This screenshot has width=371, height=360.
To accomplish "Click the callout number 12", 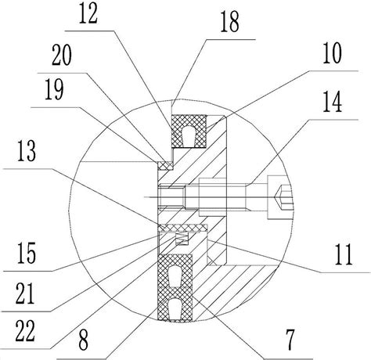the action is (88, 14).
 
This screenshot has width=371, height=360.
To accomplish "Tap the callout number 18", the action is (229, 23).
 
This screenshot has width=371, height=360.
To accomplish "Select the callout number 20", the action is (62, 56).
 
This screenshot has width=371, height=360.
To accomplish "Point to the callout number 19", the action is (54, 90).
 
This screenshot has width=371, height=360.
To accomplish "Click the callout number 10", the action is (332, 53).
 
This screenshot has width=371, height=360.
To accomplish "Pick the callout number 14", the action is (332, 103).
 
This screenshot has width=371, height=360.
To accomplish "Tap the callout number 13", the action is (27, 151).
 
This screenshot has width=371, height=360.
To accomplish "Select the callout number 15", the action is (27, 253).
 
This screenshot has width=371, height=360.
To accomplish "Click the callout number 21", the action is (25, 293).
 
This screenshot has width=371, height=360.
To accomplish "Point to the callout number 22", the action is (25, 331).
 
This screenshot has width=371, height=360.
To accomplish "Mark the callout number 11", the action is (344, 255).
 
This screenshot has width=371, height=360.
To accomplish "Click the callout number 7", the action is (290, 340).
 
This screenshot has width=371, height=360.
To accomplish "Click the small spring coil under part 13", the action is (182, 239).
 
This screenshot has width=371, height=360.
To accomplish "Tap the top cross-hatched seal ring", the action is (189, 131).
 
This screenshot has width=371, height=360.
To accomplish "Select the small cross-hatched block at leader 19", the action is (165, 165).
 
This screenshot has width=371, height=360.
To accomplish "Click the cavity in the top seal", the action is (189, 135).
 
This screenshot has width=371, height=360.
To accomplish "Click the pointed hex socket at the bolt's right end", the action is (283, 197).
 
